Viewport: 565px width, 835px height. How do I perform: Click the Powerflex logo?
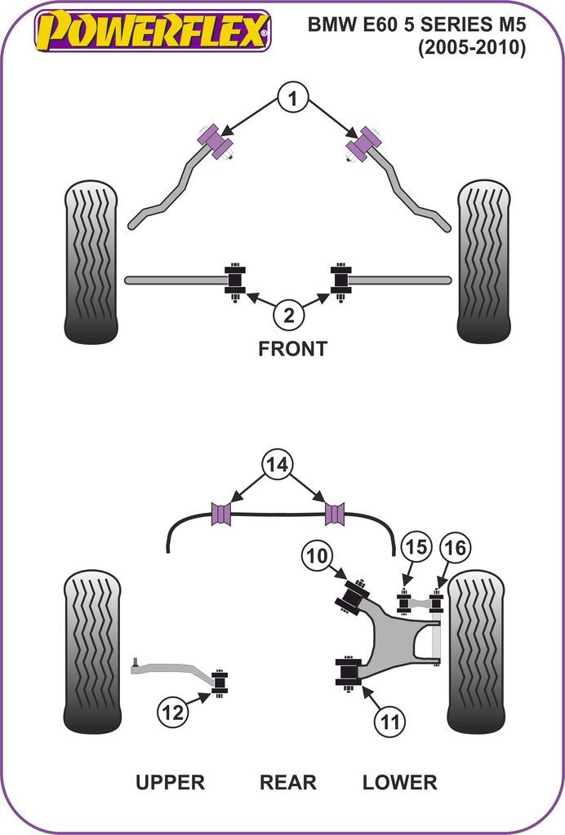152,31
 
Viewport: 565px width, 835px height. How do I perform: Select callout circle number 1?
291,99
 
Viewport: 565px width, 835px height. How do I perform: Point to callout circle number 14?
277,465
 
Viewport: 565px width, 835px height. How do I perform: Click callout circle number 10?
317,558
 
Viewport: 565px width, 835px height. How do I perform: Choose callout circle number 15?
416,547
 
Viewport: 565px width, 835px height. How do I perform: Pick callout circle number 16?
456,548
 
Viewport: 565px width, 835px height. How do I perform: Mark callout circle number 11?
390,721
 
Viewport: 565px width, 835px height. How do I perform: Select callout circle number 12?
172,712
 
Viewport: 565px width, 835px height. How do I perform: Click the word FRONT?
292,348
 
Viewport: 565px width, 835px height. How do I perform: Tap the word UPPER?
170,782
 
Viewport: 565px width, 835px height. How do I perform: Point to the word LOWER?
399,782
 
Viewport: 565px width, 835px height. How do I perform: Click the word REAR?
287,782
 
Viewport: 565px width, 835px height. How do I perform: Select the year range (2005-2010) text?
472,48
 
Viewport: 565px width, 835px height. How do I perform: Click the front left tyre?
91,263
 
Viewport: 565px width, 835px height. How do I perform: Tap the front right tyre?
483,263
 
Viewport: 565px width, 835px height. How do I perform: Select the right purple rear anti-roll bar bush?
335,514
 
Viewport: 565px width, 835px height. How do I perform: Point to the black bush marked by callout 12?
220,683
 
